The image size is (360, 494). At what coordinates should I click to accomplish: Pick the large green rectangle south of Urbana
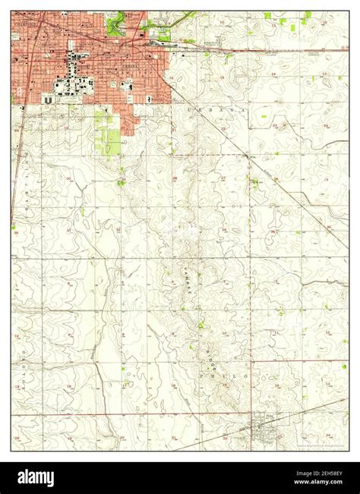point(112,140)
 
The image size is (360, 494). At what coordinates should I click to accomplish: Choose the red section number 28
point(174,179)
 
